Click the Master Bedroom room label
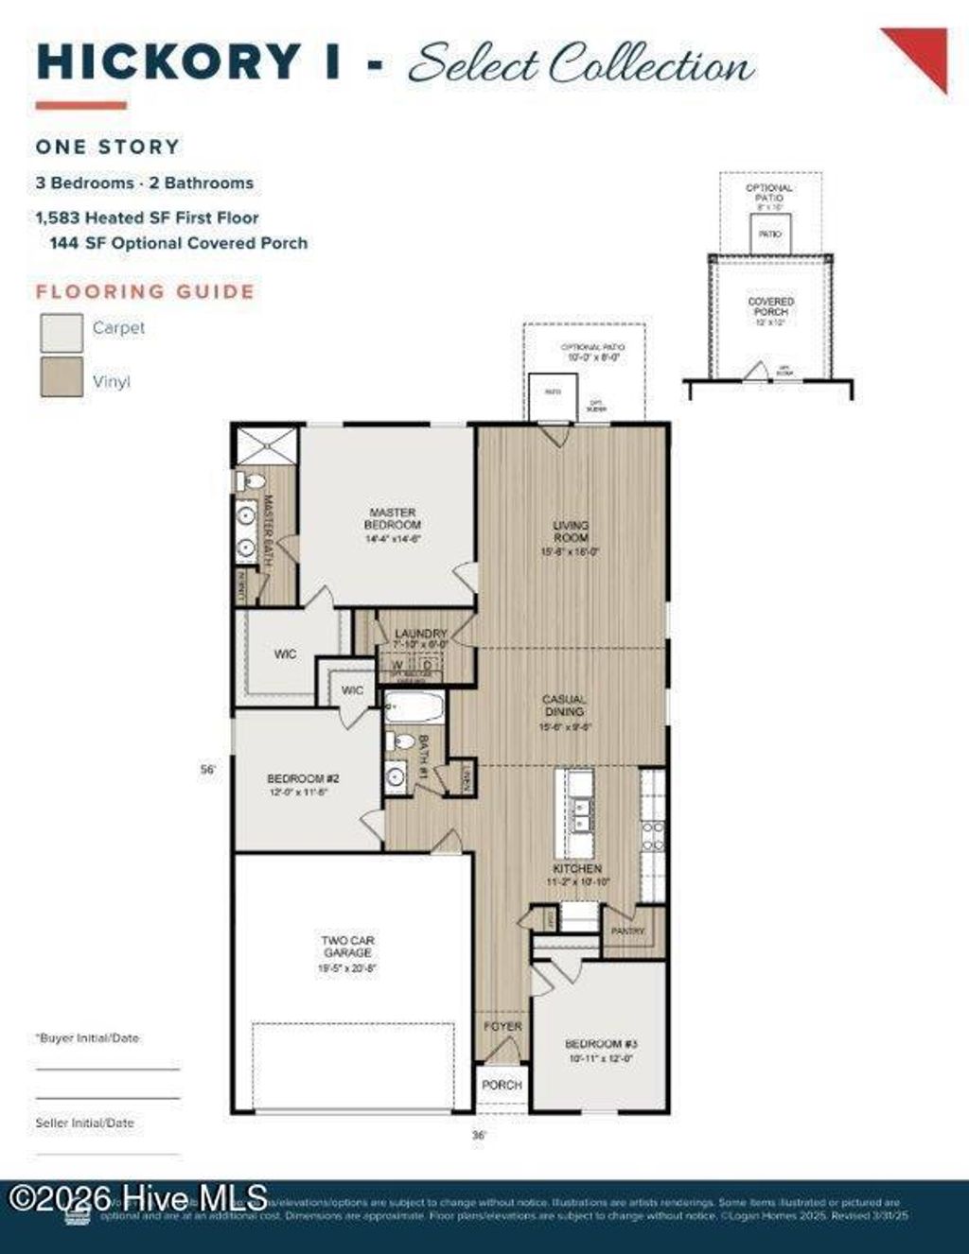click(x=393, y=519)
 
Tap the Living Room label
click(x=571, y=531)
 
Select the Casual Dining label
click(x=564, y=705)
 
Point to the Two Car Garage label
click(x=347, y=947)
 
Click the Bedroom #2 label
click(x=303, y=779)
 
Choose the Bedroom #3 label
click(x=601, y=1044)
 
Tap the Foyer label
click(x=502, y=1026)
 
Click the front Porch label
click(x=502, y=1085)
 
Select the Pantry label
click(x=627, y=932)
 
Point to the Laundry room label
click(x=420, y=634)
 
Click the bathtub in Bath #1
click(x=414, y=706)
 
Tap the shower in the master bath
click(x=267, y=445)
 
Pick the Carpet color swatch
click(x=62, y=333)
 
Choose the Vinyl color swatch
click(x=62, y=376)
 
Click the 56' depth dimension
click(x=208, y=770)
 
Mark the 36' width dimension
click(x=479, y=1134)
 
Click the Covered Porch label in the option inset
click(x=770, y=306)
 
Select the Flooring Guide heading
click(x=145, y=291)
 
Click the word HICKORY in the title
click(x=168, y=62)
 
